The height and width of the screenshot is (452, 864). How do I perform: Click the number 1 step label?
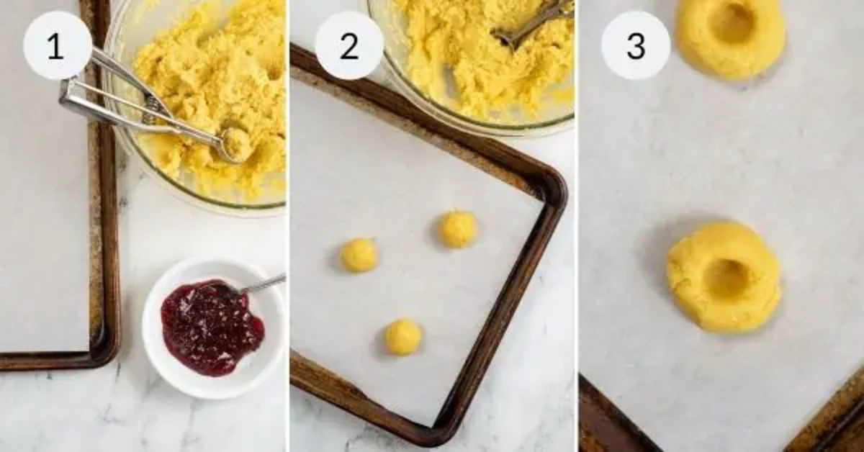55,46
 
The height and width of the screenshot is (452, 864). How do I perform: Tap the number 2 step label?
349,46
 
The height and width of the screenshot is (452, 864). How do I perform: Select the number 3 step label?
636,46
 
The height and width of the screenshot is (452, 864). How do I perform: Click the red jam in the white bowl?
212,327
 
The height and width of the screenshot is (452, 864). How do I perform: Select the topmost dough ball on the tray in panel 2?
458,229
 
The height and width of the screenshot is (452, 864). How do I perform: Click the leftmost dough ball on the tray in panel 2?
359,255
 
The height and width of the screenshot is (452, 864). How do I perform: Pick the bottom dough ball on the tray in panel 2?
403,337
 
